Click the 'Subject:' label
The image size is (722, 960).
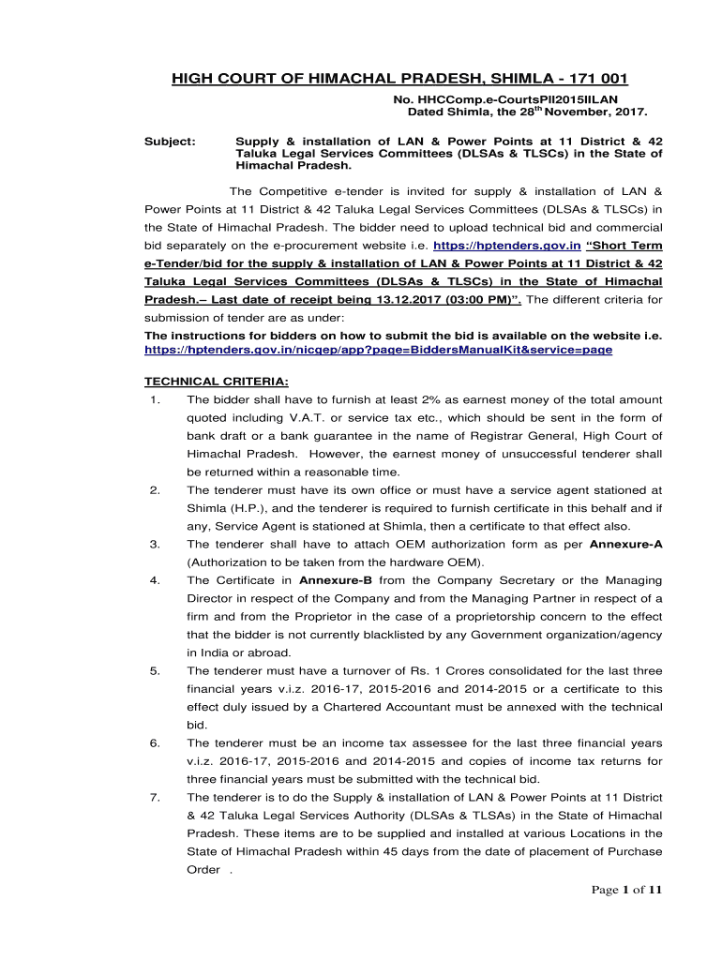pyautogui.click(x=169, y=140)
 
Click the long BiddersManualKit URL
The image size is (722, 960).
pyautogui.click(x=377, y=349)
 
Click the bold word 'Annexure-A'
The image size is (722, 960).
pyautogui.click(x=627, y=544)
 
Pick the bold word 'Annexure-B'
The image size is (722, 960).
pyautogui.click(x=336, y=580)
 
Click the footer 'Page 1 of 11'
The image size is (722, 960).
pyautogui.click(x=627, y=891)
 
